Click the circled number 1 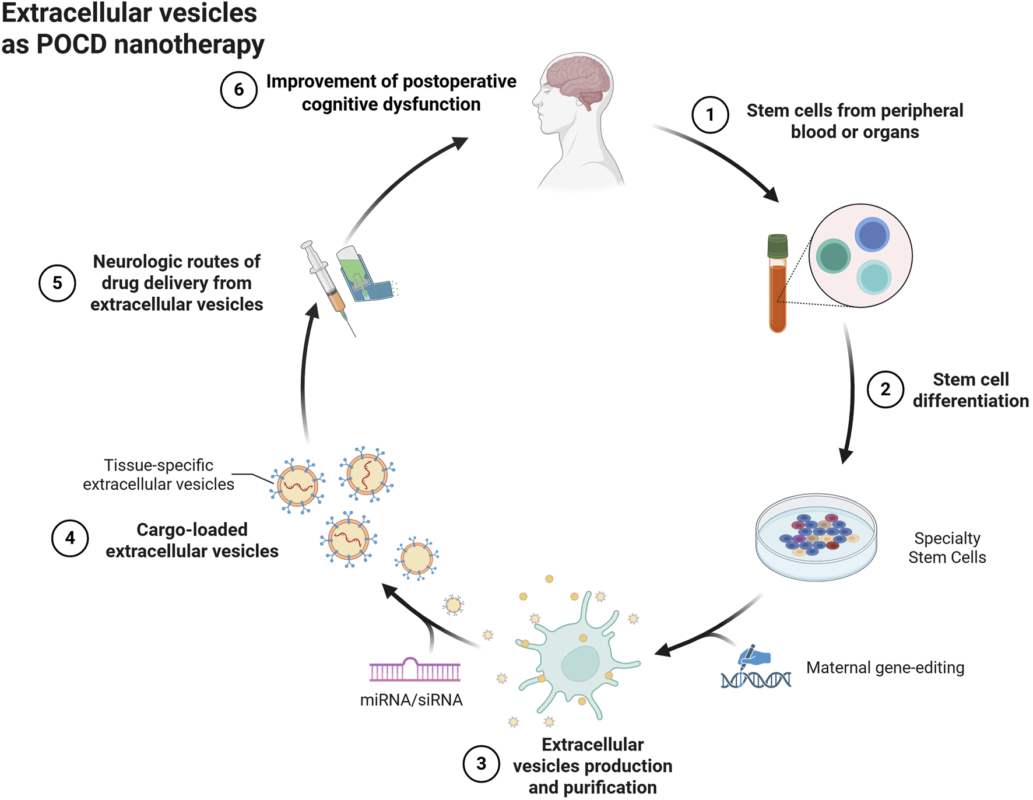pyautogui.click(x=709, y=115)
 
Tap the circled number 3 pyautogui.click(x=481, y=763)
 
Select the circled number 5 pyautogui.click(x=57, y=283)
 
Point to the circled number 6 pyautogui.click(x=238, y=90)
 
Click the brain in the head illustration pyautogui.click(x=577, y=82)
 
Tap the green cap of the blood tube pyautogui.click(x=778, y=246)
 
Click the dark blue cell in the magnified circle pyautogui.click(x=872, y=235)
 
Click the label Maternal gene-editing pyautogui.click(x=885, y=668)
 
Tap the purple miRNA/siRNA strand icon pyautogui.click(x=414, y=671)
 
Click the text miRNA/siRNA pyautogui.click(x=411, y=700)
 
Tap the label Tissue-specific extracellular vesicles pyautogui.click(x=159, y=475)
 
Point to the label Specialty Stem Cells pyautogui.click(x=947, y=548)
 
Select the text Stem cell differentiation pyautogui.click(x=971, y=390)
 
